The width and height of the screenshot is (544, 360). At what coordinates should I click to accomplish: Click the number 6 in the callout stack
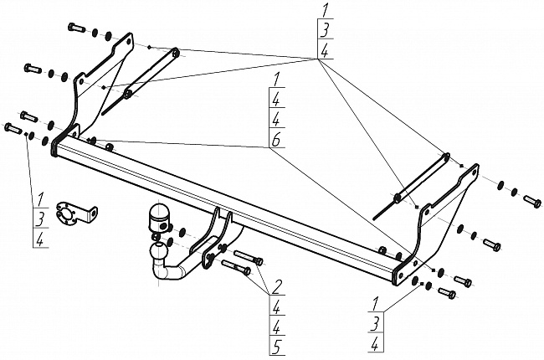click(x=275, y=141)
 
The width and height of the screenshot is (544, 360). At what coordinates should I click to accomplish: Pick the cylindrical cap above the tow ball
click(x=158, y=219)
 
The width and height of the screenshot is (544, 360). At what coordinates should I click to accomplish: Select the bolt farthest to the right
click(x=533, y=201)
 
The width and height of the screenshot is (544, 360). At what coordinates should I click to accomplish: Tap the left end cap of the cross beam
click(x=57, y=152)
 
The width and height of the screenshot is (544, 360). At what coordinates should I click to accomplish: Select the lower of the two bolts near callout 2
click(x=237, y=269)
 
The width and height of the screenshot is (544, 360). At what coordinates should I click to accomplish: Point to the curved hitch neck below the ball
click(x=174, y=272)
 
